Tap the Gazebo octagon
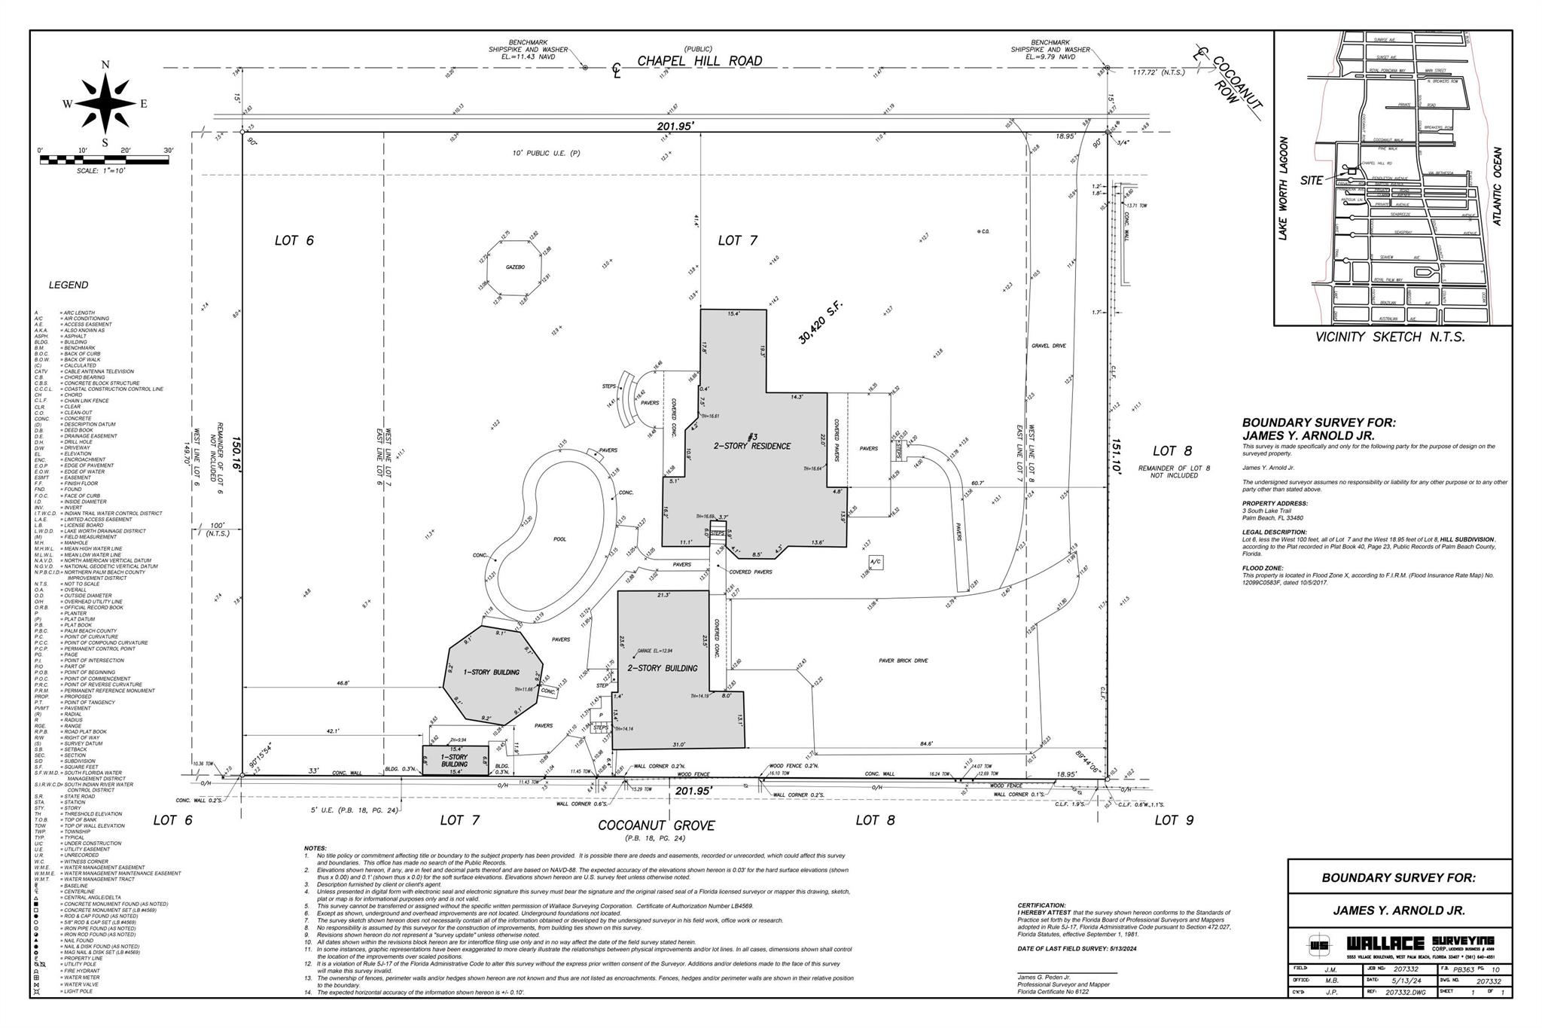click(x=515, y=268)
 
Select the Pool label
click(x=559, y=539)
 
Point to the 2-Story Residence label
click(x=752, y=446)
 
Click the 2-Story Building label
click(x=663, y=668)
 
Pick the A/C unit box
click(x=875, y=563)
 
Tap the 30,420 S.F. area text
click(x=822, y=323)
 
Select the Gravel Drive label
click(x=1049, y=346)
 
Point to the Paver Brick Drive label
click(x=903, y=660)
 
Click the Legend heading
click(x=69, y=285)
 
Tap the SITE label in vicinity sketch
click(x=1312, y=181)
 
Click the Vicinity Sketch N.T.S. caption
click(x=1390, y=337)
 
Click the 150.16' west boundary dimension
click(x=235, y=455)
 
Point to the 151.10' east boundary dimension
click(x=1118, y=456)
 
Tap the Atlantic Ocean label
click(x=1497, y=186)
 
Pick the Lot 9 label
click(x=1172, y=820)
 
